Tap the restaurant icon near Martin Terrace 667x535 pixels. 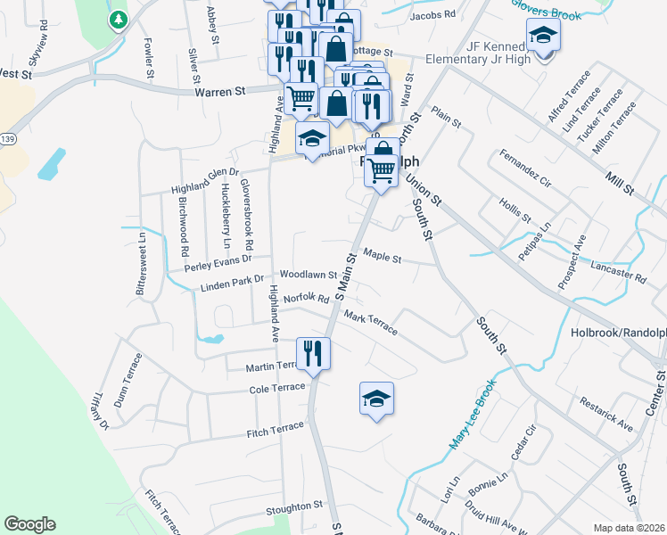tap(313, 353)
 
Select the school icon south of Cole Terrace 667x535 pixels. tap(376, 398)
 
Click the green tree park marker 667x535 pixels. tap(118, 20)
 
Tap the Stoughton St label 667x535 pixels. tap(293, 506)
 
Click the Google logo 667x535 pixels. tap(29, 524)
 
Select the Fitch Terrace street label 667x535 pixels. tap(276, 429)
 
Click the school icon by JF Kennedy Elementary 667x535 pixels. tap(540, 37)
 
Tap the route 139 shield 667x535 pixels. tap(7, 139)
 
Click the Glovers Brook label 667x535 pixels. tap(546, 8)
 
